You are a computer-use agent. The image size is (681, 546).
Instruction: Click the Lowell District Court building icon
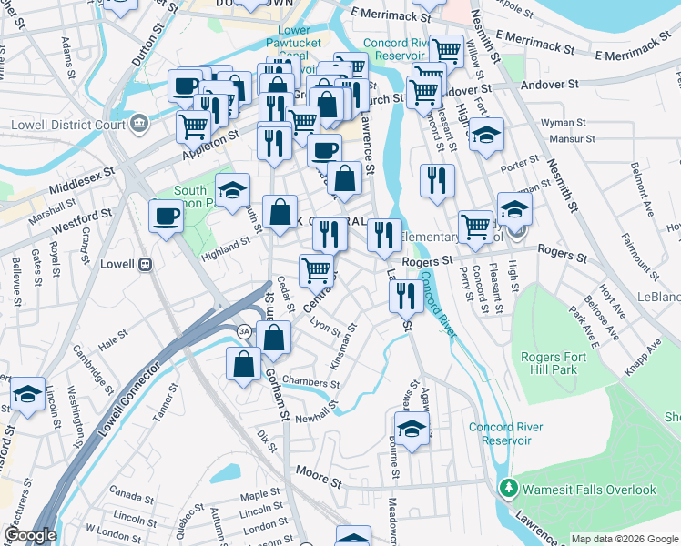[x=139, y=123]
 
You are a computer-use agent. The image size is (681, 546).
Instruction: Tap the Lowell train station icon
[x=144, y=264]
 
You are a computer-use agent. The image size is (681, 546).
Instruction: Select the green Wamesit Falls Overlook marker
[x=507, y=489]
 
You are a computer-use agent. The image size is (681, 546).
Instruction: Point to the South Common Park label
[x=190, y=197]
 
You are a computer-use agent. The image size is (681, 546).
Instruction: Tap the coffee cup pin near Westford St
[x=166, y=217]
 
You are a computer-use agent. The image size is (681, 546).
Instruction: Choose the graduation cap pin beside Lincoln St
[x=27, y=395]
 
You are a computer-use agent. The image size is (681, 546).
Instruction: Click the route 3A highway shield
[x=243, y=330]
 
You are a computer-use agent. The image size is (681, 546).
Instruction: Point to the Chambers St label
[x=310, y=380]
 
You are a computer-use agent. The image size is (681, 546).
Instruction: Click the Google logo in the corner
[x=29, y=535]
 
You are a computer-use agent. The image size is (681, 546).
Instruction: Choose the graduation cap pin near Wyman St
[x=487, y=134]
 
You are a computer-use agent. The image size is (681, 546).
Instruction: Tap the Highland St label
[x=226, y=246]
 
